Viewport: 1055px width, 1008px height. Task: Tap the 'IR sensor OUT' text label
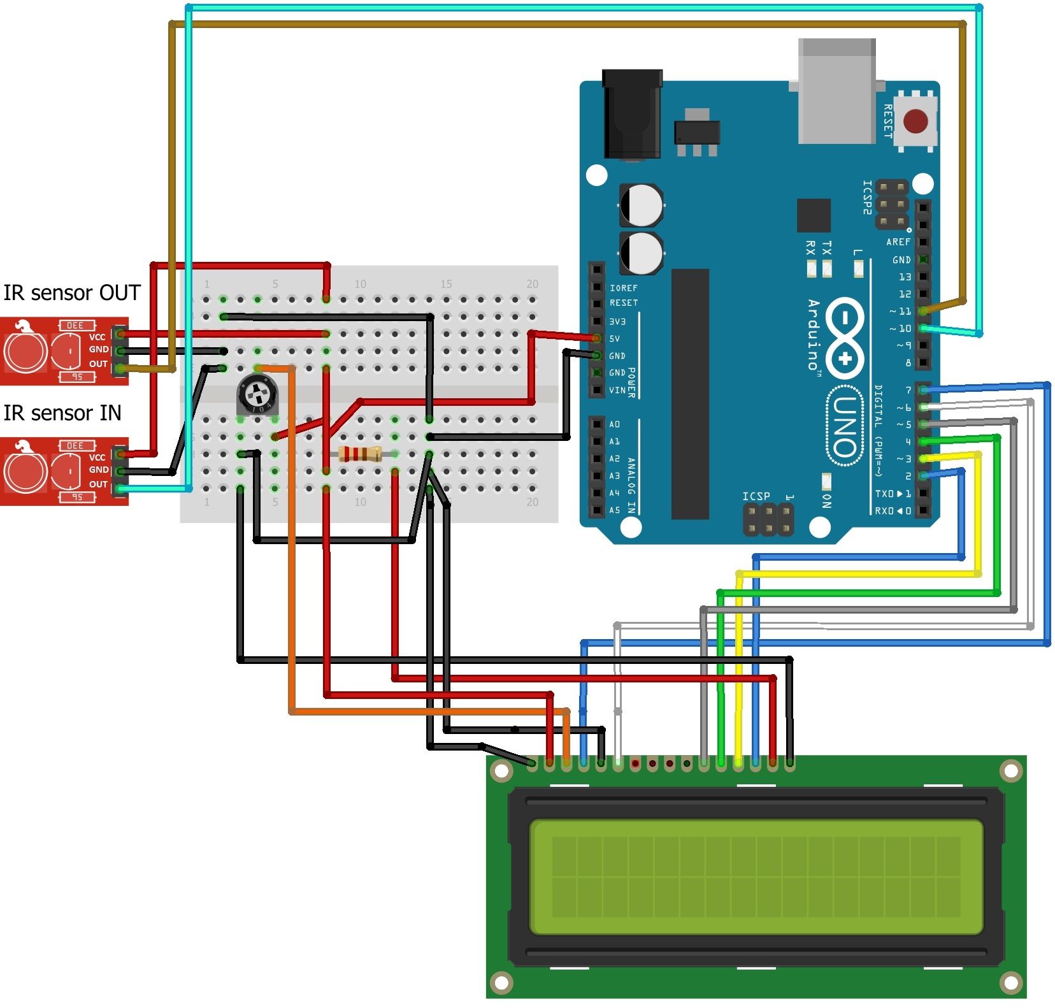[72, 292]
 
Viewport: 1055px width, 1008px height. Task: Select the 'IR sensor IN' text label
[62, 413]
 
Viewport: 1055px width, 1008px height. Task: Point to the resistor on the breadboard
[360, 454]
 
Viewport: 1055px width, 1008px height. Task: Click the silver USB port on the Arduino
[836, 90]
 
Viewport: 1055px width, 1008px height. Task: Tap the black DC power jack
[632, 114]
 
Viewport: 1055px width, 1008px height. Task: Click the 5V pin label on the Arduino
[614, 338]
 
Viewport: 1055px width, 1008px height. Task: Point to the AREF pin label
[898, 242]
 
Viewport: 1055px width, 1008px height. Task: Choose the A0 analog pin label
[614, 424]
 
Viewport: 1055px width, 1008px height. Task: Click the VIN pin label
[617, 390]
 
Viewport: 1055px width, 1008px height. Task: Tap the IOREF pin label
[623, 288]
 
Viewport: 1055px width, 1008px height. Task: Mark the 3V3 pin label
[617, 322]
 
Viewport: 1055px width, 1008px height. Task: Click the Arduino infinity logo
[845, 338]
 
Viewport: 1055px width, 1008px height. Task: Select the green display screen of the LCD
[756, 877]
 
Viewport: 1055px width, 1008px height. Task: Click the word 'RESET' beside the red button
[887, 121]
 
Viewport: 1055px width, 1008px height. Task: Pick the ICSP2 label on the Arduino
[866, 198]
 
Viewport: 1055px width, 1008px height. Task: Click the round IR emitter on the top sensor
[25, 351]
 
